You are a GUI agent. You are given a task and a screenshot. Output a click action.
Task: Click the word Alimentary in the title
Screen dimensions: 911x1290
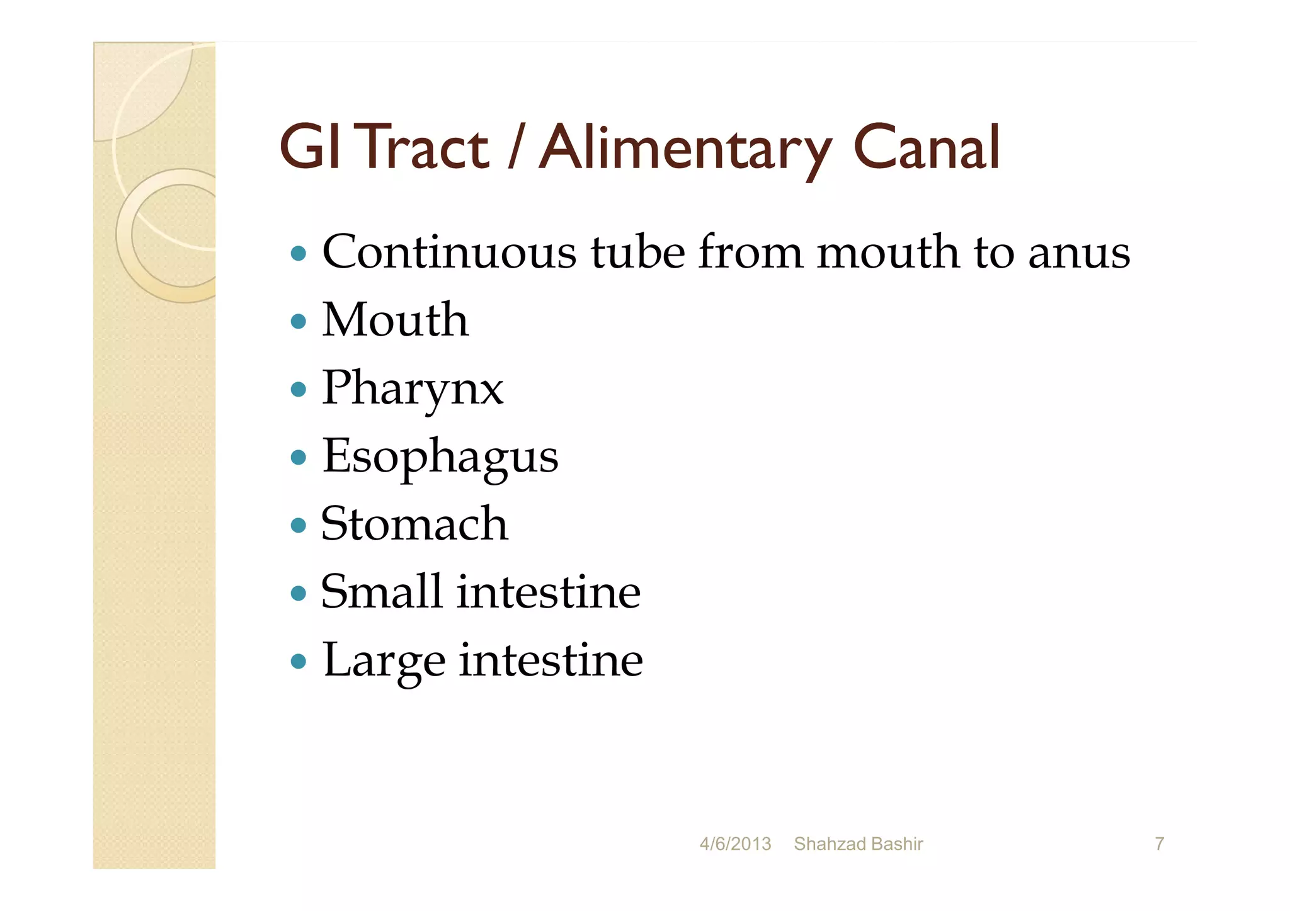click(685, 149)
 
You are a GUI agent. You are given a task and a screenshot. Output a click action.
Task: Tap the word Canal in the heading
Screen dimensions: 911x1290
click(926, 149)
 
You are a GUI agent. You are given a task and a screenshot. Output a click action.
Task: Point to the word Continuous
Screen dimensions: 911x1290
click(448, 252)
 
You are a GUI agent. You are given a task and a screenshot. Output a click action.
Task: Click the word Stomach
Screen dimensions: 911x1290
click(414, 524)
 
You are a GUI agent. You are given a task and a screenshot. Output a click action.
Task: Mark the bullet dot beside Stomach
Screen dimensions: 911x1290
click(299, 525)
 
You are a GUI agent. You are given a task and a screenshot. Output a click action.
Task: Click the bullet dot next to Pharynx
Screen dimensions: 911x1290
click(299, 389)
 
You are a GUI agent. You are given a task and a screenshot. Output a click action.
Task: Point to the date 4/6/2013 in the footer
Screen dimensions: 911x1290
click(735, 844)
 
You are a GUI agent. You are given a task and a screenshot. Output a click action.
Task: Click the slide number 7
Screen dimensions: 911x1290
click(1159, 844)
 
